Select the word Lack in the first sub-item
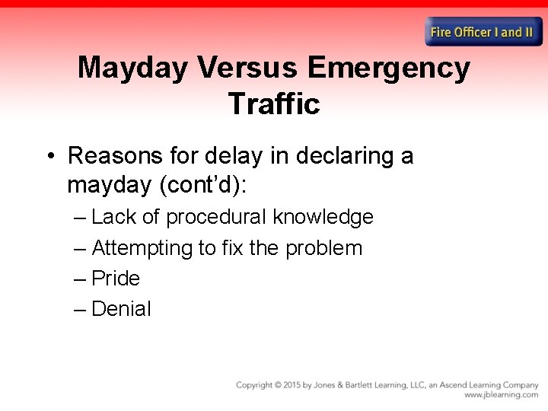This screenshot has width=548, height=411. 114,217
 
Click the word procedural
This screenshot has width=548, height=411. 216,218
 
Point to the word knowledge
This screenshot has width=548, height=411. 323,218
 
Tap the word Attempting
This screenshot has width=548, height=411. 142,248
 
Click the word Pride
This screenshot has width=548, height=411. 116,279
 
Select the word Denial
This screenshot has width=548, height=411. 121,309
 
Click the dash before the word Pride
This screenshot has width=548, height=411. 81,279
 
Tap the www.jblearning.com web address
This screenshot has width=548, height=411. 501,395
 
